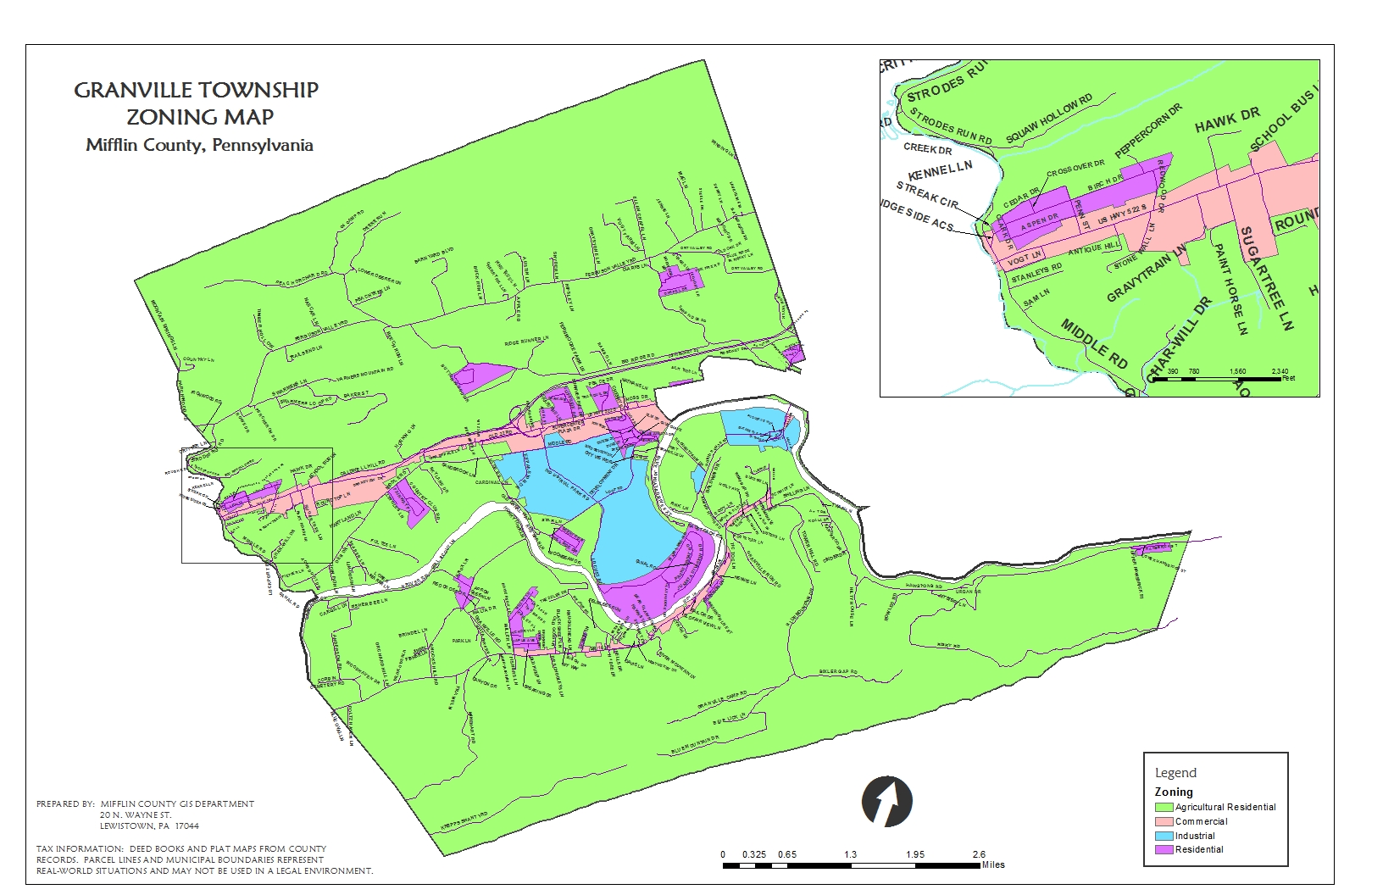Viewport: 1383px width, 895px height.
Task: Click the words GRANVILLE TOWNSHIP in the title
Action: [196, 90]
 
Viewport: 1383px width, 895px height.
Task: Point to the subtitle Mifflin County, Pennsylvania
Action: [199, 145]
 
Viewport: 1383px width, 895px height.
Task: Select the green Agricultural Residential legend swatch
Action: [1164, 807]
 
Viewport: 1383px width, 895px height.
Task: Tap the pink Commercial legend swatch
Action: [1164, 821]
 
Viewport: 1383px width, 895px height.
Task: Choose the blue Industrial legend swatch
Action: [1164, 836]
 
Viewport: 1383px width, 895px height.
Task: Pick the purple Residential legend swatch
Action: [1164, 849]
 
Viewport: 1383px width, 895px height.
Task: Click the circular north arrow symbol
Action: [886, 801]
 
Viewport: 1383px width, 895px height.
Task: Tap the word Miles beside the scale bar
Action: [992, 864]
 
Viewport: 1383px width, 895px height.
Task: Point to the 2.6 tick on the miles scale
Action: [979, 854]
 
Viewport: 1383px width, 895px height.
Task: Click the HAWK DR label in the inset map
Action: [1227, 120]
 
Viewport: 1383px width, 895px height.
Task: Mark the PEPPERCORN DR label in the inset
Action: [1148, 131]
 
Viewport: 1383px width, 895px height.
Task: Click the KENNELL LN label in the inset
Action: [940, 170]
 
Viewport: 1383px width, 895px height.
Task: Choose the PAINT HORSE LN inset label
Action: [1230, 289]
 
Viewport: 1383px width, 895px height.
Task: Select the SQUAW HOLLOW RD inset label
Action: [1049, 119]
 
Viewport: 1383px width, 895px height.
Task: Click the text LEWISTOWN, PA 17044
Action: [149, 826]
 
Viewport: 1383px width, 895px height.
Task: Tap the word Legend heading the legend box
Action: [1175, 773]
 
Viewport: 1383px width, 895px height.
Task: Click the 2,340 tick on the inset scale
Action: [1280, 371]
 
